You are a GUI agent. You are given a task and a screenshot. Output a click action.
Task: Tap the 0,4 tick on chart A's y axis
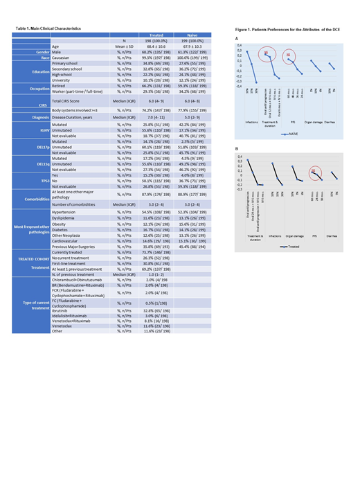point(239,45)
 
